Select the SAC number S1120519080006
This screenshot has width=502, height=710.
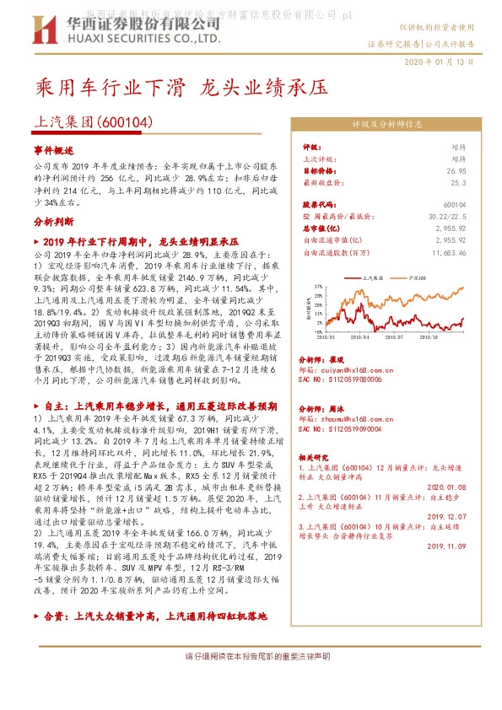point(343,380)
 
